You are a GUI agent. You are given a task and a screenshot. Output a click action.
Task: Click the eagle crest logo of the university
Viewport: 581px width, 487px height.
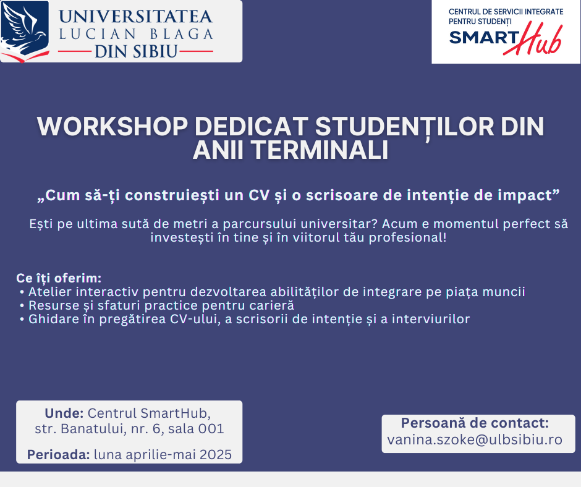(25, 31)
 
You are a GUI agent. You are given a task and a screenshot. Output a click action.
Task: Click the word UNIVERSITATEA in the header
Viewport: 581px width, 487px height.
(135, 17)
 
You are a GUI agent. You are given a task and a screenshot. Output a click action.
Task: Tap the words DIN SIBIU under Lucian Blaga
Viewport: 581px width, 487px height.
(135, 51)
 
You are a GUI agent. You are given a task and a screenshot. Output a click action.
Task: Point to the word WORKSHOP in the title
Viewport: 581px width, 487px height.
(112, 126)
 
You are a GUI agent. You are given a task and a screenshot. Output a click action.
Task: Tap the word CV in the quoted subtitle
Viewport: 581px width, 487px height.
(259, 195)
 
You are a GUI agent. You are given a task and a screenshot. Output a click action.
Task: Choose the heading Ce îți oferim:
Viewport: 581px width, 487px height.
(59, 278)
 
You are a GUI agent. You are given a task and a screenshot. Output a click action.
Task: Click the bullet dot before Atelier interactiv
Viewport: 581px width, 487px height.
(22, 292)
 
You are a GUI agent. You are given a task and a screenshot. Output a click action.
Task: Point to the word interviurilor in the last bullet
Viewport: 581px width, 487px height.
(431, 319)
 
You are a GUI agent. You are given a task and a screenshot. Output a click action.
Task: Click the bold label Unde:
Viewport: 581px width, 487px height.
(64, 413)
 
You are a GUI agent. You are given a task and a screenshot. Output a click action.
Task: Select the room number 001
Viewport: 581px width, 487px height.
(211, 428)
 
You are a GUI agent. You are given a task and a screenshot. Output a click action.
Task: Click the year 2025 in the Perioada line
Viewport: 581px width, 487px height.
(216, 454)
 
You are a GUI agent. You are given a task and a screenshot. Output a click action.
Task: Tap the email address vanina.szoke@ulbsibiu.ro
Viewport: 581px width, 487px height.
(475, 439)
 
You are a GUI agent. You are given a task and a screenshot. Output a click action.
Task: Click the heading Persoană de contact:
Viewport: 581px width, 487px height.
(475, 423)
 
